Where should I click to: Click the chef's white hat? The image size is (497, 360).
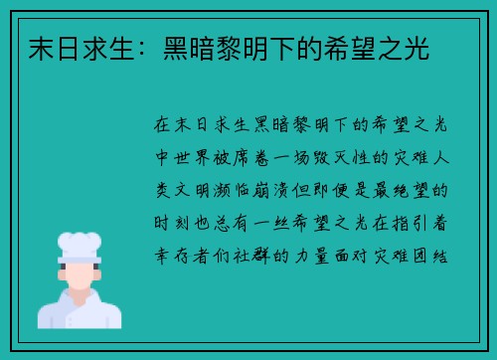[80, 244]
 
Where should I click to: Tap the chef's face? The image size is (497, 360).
[80, 272]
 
